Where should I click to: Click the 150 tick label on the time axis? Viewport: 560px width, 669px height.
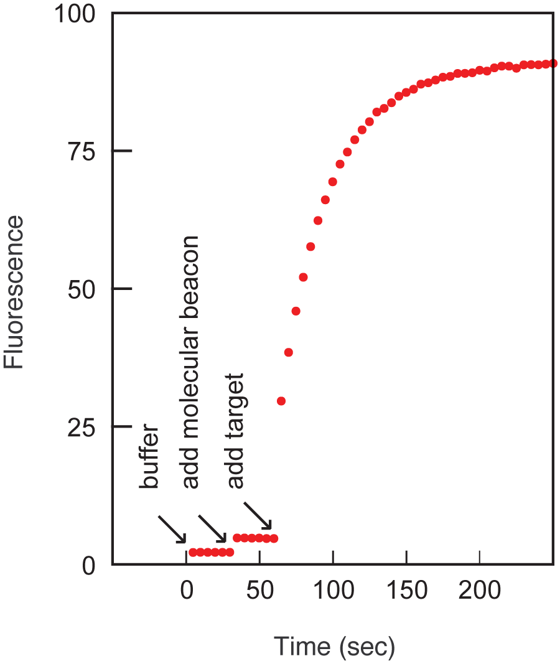[406, 590]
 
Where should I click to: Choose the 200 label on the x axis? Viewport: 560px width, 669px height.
[480, 590]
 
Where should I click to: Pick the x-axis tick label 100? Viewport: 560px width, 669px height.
[333, 590]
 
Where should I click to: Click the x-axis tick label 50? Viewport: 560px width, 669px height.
[259, 590]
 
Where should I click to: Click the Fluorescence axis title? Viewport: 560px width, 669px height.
[14, 292]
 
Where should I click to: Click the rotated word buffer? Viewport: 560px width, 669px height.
[149, 458]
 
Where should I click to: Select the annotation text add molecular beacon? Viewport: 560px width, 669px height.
[191, 362]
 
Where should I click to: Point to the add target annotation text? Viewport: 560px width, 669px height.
[235, 431]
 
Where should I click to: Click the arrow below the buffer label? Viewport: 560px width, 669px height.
[172, 528]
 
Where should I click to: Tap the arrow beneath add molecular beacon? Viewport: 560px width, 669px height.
[213, 528]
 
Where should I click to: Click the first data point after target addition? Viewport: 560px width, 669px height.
[281, 401]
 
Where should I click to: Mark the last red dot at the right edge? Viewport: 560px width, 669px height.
[553, 63]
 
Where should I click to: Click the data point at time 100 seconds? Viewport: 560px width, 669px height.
[333, 182]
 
